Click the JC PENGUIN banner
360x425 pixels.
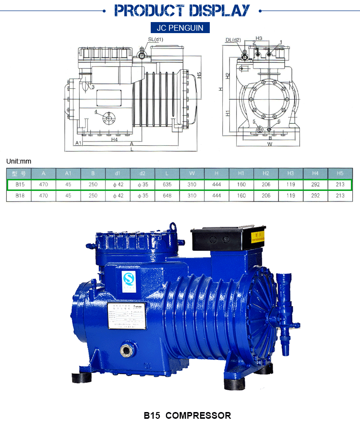click(180, 28)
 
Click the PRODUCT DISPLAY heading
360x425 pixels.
click(182, 10)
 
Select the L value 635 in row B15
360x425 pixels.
click(167, 185)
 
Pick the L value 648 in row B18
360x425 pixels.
click(167, 196)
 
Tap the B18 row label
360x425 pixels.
click(20, 196)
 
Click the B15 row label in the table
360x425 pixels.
click(20, 185)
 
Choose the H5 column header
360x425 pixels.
click(340, 173)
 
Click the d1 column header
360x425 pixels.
click(118, 173)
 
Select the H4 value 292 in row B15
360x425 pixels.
click(315, 185)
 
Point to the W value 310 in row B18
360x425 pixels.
click(192, 196)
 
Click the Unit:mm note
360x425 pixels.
click(18, 161)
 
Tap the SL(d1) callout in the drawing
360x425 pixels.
click(155, 39)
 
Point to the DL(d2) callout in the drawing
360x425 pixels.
click(233, 40)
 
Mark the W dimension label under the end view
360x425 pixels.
click(270, 143)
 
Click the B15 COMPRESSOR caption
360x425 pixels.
click(188, 415)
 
